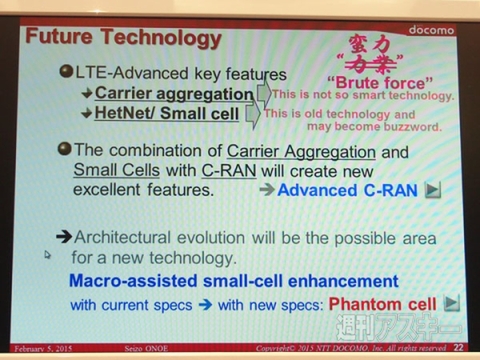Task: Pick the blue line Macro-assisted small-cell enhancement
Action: [x=232, y=280]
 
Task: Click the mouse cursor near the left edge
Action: [x=47, y=256]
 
